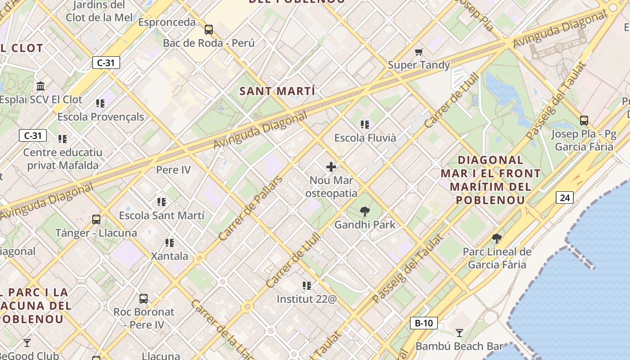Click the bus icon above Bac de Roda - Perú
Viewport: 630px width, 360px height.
pyautogui.click(x=208, y=30)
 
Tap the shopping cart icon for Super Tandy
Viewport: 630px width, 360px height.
pyautogui.click(x=419, y=52)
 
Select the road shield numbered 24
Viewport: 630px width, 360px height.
pyautogui.click(x=565, y=197)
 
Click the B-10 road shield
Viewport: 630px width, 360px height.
pyautogui.click(x=423, y=323)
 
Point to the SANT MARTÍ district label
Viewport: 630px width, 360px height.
pyautogui.click(x=277, y=91)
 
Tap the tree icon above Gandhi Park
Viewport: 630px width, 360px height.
pyautogui.click(x=365, y=211)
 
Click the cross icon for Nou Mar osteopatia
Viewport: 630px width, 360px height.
pyautogui.click(x=331, y=167)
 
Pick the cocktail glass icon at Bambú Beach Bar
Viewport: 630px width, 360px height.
pyautogui.click(x=459, y=333)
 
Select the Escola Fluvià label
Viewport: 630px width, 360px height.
pyautogui.click(x=365, y=138)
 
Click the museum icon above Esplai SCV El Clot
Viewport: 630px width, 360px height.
pyautogui.click(x=41, y=86)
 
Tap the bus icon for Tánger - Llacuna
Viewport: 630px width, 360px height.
pyautogui.click(x=96, y=220)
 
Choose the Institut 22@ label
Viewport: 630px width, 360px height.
pyautogui.click(x=306, y=299)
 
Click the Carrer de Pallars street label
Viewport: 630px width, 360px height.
pyautogui.click(x=250, y=208)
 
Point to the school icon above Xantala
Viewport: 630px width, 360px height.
pyautogui.click(x=170, y=243)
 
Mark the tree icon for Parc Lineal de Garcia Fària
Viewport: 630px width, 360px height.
pyautogui.click(x=497, y=238)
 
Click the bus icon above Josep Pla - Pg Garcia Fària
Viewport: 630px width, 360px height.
pyautogui.click(x=584, y=121)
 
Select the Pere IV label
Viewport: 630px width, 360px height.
pyautogui.click(x=173, y=170)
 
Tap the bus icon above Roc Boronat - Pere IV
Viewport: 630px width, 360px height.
pyautogui.click(x=144, y=298)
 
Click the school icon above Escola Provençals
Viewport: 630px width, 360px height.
pyautogui.click(x=100, y=103)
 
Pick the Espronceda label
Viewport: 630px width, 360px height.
pyautogui.click(x=167, y=22)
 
